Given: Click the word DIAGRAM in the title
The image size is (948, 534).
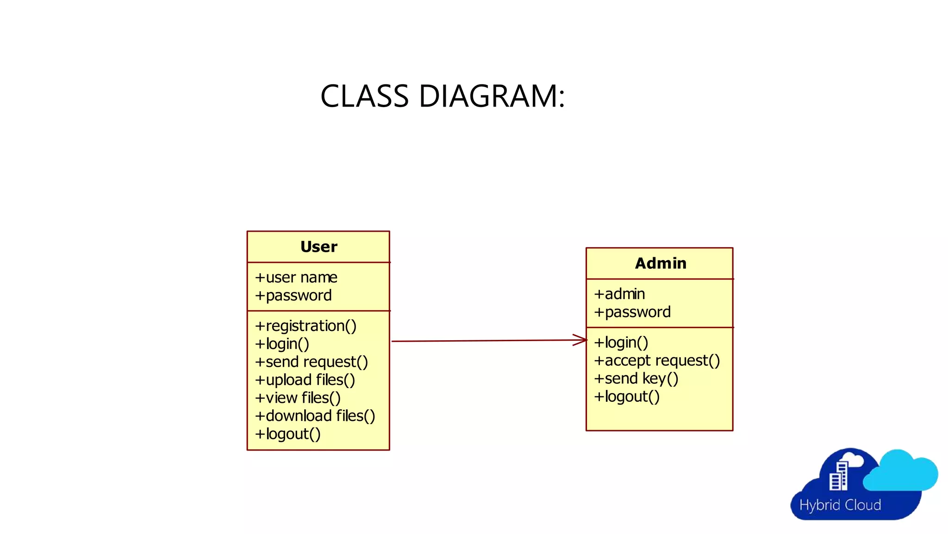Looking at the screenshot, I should [x=492, y=96].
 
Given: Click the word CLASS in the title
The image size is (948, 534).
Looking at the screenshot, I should [x=365, y=96].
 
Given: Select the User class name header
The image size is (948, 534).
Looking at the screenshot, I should [x=318, y=247].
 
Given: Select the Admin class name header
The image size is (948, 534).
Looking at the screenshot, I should [x=660, y=263].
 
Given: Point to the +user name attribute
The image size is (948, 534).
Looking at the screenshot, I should [x=296, y=277].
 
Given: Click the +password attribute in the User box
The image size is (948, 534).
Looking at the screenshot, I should [x=293, y=295].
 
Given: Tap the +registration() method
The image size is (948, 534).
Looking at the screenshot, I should [x=306, y=326].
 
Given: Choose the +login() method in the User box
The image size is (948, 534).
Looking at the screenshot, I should [x=282, y=344].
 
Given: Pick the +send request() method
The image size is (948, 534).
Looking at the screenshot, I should [x=311, y=362].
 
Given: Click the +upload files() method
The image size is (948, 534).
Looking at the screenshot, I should [x=305, y=380].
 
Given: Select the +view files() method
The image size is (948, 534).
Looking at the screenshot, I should [x=298, y=398].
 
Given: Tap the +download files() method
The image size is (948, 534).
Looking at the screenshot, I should [x=315, y=416].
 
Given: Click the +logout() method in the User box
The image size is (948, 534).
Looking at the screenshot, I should [x=287, y=434].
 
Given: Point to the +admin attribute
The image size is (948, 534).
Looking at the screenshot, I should [x=619, y=294].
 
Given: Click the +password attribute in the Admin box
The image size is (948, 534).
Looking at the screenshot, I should [x=632, y=312].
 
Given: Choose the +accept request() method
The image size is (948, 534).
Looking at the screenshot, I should [x=657, y=361].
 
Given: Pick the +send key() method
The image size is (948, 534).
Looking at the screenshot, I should [x=636, y=379].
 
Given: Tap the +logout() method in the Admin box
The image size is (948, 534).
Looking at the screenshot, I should [x=627, y=397].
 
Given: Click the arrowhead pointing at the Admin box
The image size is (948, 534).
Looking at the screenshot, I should [x=581, y=340].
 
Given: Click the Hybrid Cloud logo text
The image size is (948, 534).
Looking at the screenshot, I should [x=840, y=505].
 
